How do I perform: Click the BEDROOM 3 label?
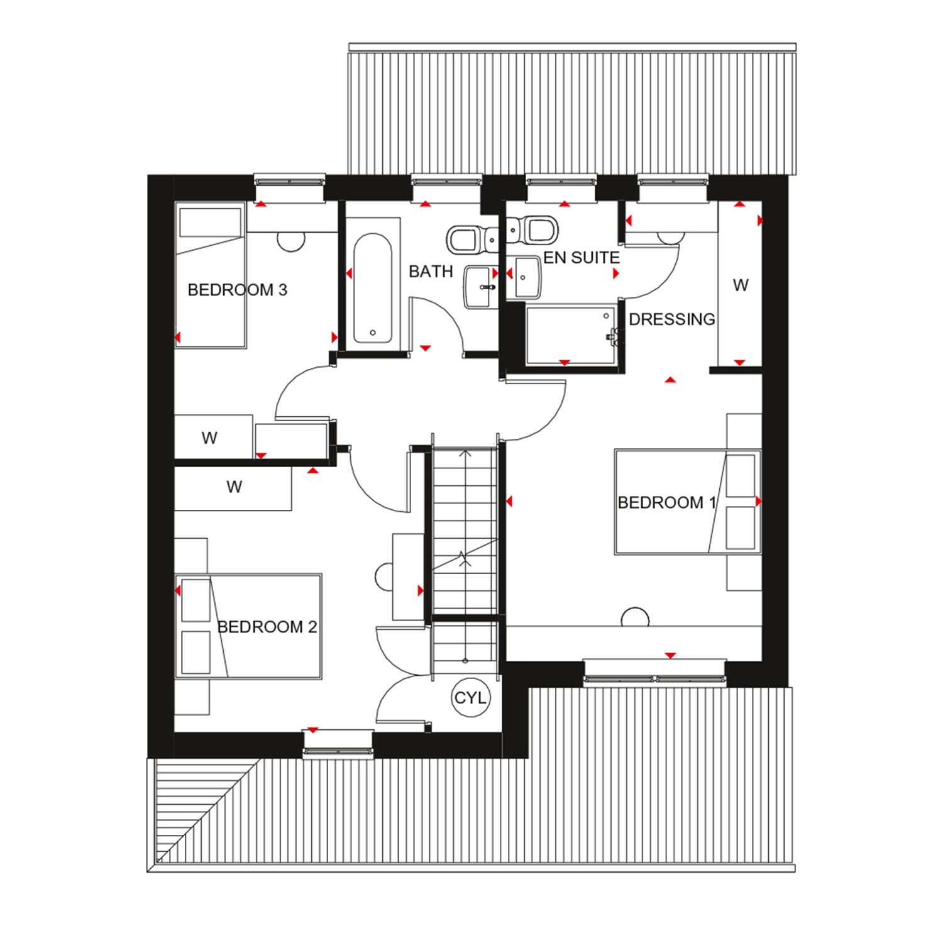pyautogui.click(x=237, y=290)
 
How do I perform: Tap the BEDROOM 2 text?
pyautogui.click(x=267, y=627)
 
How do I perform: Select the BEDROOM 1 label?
pyautogui.click(x=666, y=502)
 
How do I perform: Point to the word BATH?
pyautogui.click(x=431, y=272)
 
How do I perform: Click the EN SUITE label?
pyautogui.click(x=582, y=258)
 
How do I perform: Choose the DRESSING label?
pyautogui.click(x=671, y=319)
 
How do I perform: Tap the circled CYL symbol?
pyautogui.click(x=470, y=698)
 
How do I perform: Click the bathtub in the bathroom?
pyautogui.click(x=373, y=288)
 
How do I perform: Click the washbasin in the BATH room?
pyautogui.click(x=481, y=287)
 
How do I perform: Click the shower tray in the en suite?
pyautogui.click(x=570, y=334)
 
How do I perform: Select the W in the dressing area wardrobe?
pyautogui.click(x=741, y=285)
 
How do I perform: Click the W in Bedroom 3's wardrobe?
pyautogui.click(x=209, y=438)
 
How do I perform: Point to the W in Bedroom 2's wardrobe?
pyautogui.click(x=234, y=487)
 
